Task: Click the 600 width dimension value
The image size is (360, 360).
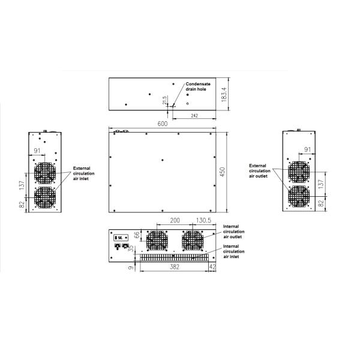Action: click(x=163, y=124)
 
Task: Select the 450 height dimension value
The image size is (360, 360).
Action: click(x=223, y=172)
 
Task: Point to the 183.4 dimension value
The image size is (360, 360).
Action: click(x=224, y=94)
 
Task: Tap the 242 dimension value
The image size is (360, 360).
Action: click(x=194, y=116)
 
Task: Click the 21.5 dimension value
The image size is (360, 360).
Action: click(x=164, y=100)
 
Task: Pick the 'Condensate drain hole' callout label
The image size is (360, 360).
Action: click(x=198, y=86)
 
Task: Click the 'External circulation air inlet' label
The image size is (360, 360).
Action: click(x=83, y=173)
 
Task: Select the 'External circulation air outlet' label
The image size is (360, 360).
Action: click(x=260, y=171)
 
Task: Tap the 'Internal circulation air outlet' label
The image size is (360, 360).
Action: click(x=234, y=232)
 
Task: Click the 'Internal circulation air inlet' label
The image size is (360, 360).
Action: click(x=234, y=251)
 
